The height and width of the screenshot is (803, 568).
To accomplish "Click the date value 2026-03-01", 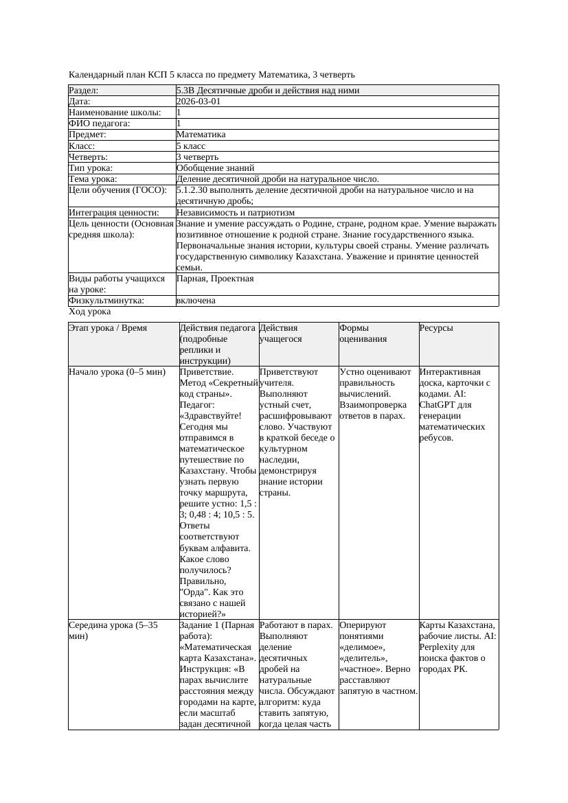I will coord(198,102).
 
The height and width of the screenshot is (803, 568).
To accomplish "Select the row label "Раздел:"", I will coord(84,91).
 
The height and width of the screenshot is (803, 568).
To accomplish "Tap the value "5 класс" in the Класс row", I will coord(191,146).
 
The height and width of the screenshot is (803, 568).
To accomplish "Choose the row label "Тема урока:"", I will coord(91,179).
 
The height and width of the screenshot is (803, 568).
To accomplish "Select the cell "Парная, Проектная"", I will coord(215,279).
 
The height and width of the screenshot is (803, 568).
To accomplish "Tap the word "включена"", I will coord(196,301).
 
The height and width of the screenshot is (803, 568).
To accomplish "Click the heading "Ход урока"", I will coord(89,312).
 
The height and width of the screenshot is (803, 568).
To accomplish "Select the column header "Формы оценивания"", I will coord(363,334).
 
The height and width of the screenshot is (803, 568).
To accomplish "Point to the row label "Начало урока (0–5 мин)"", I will coord(117,372).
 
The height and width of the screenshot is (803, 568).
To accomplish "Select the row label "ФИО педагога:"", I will coord(100,124).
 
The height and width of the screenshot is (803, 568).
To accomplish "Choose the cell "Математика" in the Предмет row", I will coord(201,135).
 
